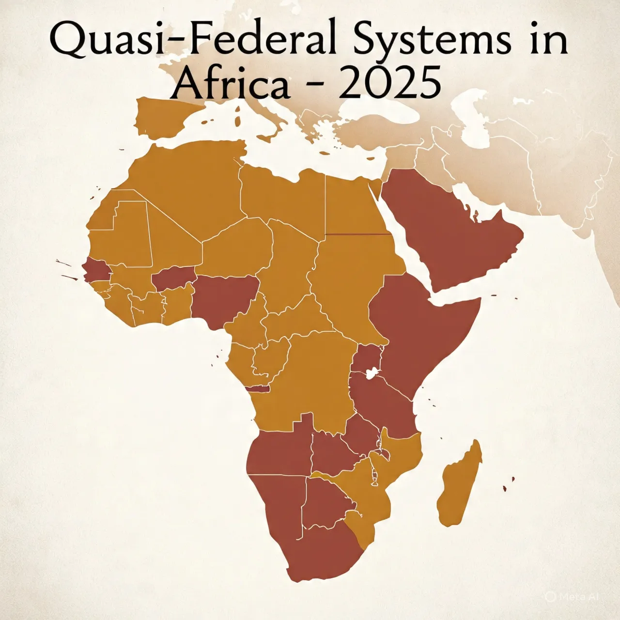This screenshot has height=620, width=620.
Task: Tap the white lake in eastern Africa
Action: (x=372, y=373)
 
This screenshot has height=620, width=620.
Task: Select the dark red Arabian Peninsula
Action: (x=450, y=228)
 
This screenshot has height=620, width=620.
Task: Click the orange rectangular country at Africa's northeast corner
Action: (x=356, y=206)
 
